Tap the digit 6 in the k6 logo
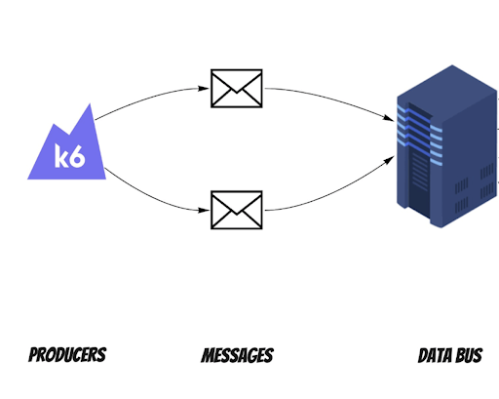pyautogui.click(x=78, y=156)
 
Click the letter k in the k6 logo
pyautogui.click(x=61, y=156)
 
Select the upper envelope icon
pyautogui.click(x=237, y=88)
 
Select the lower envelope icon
pyautogui.click(x=237, y=210)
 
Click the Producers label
pyautogui.click(x=67, y=354)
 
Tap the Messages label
pyautogui.click(x=238, y=355)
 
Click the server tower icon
pyautogui.click(x=447, y=146)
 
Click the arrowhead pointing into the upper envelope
pyautogui.click(x=204, y=88)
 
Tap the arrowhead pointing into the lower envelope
pyautogui.click(x=204, y=211)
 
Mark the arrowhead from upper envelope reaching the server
pyautogui.click(x=389, y=118)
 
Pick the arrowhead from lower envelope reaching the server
pyautogui.click(x=389, y=160)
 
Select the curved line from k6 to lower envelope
pyautogui.click(x=150, y=198)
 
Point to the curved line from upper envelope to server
pyautogui.click(x=328, y=97)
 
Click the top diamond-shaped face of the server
pyautogui.click(x=447, y=92)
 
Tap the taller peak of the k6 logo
pyautogui.click(x=89, y=109)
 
